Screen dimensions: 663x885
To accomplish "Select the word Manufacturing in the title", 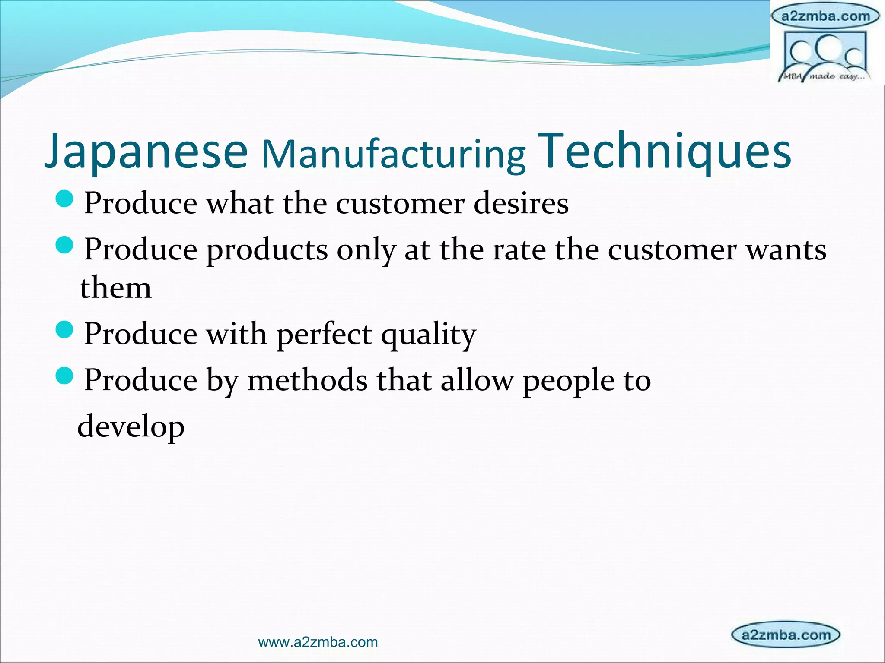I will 394,155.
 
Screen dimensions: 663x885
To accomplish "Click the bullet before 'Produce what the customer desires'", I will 65,199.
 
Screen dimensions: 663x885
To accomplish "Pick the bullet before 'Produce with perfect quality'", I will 65,330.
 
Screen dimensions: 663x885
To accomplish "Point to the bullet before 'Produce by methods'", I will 65,376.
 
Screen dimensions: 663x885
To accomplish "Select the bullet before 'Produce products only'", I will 65,246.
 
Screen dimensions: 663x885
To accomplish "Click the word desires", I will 521,203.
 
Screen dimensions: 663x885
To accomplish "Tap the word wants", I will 786,250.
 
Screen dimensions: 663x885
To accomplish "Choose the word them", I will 116,288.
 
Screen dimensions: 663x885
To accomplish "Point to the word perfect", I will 324,335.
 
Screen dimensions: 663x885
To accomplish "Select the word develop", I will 131,426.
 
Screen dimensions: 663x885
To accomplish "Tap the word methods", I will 307,380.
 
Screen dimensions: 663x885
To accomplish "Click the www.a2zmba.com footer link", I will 318,642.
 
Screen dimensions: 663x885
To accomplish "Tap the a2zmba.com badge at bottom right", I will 786,635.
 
